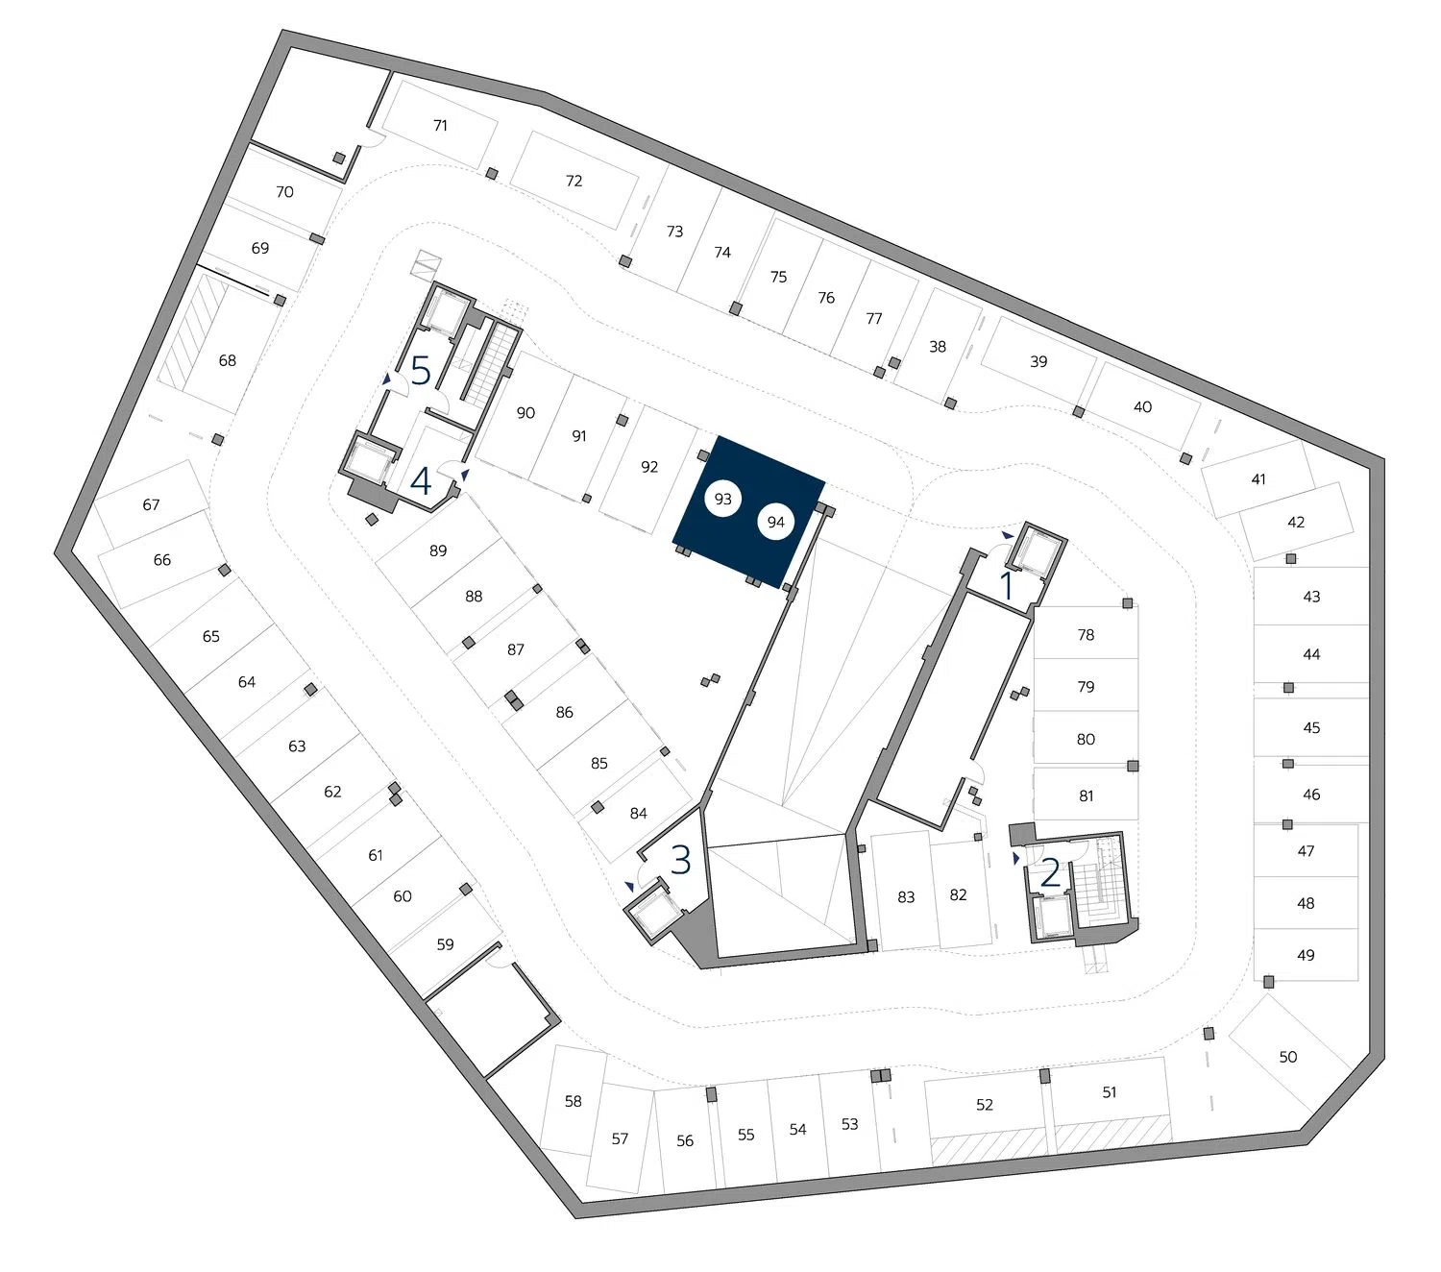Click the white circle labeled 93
[x=722, y=500]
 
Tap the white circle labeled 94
[x=775, y=523]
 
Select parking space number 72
[x=574, y=181]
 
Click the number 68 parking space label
[x=227, y=361]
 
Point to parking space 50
[x=1287, y=1057]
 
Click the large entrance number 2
[x=1050, y=872]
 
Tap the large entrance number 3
[x=680, y=860]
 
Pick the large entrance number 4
[x=421, y=480]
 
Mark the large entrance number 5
[x=421, y=370]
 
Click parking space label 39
[x=1038, y=362]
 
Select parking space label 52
[x=984, y=1105]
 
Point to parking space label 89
[x=438, y=551]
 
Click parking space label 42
[x=1296, y=523]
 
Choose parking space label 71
[x=440, y=126]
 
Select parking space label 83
[x=906, y=897]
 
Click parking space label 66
[x=161, y=560]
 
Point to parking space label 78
[x=1086, y=635]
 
